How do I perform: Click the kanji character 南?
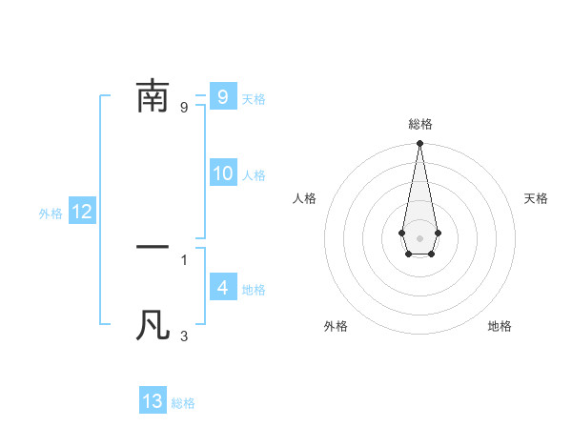pyautogui.click(x=153, y=96)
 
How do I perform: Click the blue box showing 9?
pyautogui.click(x=222, y=96)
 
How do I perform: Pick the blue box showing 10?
pyautogui.click(x=223, y=173)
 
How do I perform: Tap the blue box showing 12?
pyautogui.click(x=81, y=213)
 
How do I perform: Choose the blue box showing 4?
pyautogui.click(x=222, y=288)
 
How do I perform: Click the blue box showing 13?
pyautogui.click(x=153, y=401)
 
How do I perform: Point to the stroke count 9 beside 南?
pyautogui.click(x=184, y=107)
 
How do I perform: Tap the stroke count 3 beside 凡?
pyautogui.click(x=184, y=336)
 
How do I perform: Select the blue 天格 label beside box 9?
pyautogui.click(x=254, y=99)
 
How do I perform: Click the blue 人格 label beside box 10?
pyautogui.click(x=254, y=175)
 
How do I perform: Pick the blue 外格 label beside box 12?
pyautogui.click(x=51, y=214)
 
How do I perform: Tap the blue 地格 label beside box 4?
pyautogui.click(x=254, y=290)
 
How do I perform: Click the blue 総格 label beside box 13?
pyautogui.click(x=183, y=403)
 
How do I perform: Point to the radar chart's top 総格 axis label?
pyautogui.click(x=419, y=124)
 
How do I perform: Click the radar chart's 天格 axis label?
pyautogui.click(x=536, y=198)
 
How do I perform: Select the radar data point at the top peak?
pyautogui.click(x=419, y=144)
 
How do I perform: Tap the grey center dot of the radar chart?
pyautogui.click(x=419, y=236)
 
